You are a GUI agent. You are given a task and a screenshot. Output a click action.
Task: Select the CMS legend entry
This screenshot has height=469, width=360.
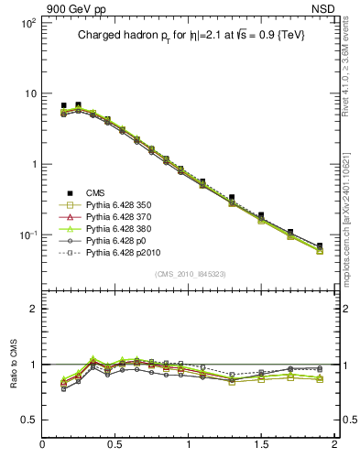pyautogui.click(x=95, y=191)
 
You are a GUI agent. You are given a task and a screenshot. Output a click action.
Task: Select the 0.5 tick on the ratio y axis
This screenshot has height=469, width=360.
pyautogui.click(x=28, y=420)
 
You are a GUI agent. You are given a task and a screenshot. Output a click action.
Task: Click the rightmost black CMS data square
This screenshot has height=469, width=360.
pyautogui.click(x=320, y=245)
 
